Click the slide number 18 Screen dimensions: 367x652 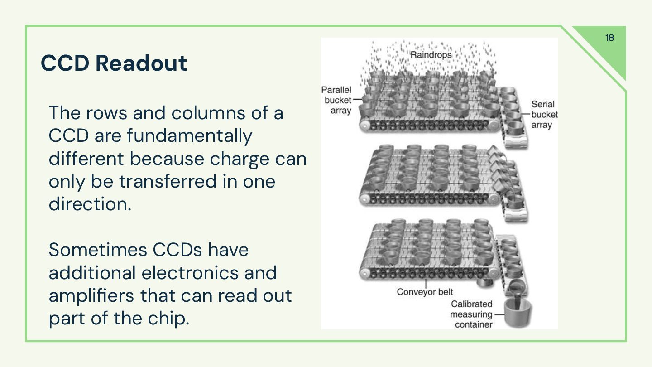[x=609, y=38]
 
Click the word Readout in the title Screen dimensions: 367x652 [x=141, y=63]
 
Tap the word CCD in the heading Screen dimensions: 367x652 [x=65, y=63]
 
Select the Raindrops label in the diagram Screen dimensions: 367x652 [x=431, y=55]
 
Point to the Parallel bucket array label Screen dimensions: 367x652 [x=336, y=100]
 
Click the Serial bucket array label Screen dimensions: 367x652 [x=544, y=115]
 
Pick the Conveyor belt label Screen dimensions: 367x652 [x=425, y=292]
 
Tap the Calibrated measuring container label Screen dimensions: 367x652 [x=471, y=314]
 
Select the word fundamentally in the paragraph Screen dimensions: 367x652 [x=189, y=135]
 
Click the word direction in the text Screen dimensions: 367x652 [x=89, y=204]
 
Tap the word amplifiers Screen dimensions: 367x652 [x=91, y=295]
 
